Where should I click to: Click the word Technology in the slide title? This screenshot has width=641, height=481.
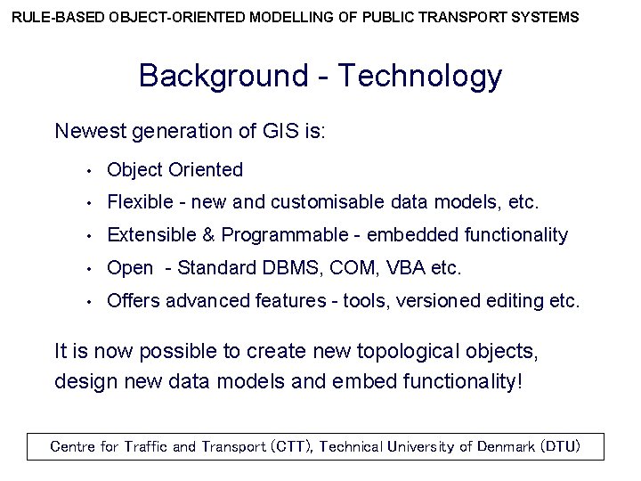click(427, 77)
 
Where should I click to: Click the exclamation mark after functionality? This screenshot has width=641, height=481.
click(518, 382)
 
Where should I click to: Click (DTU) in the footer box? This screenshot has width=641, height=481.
click(560, 446)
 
